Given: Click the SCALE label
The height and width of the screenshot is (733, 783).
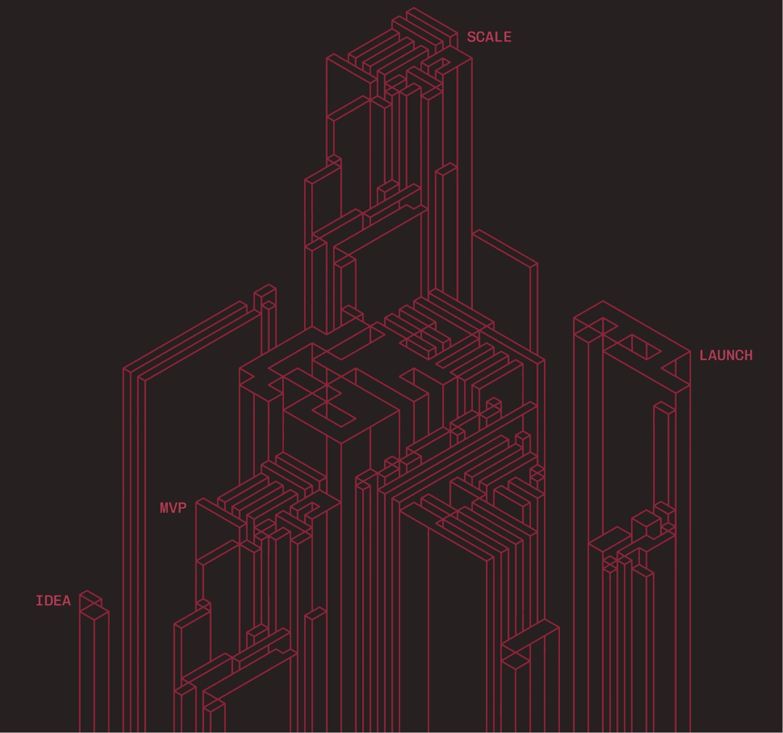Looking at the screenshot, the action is tap(489, 37).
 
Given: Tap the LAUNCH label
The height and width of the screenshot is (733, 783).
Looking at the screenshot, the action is tap(726, 355).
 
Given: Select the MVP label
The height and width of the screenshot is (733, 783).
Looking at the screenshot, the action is tap(173, 508).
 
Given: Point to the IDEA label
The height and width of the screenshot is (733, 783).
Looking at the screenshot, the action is tap(53, 601).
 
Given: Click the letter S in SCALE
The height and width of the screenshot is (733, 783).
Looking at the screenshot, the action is tap(471, 37).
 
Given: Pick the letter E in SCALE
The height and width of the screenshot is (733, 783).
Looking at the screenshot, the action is tap(507, 37).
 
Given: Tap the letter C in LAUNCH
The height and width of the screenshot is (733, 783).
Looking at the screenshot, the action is tap(739, 355).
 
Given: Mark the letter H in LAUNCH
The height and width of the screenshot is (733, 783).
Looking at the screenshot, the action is tap(748, 355).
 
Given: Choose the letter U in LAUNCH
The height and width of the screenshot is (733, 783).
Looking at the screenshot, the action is tap(721, 355).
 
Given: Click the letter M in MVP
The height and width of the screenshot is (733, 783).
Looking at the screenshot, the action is tap(164, 508).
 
